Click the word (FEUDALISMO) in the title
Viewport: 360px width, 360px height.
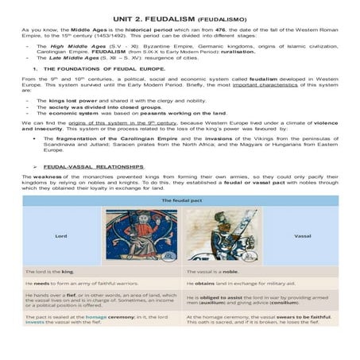pyautogui.click(x=225, y=17)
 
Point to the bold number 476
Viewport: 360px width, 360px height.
pyautogui.click(x=221, y=29)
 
